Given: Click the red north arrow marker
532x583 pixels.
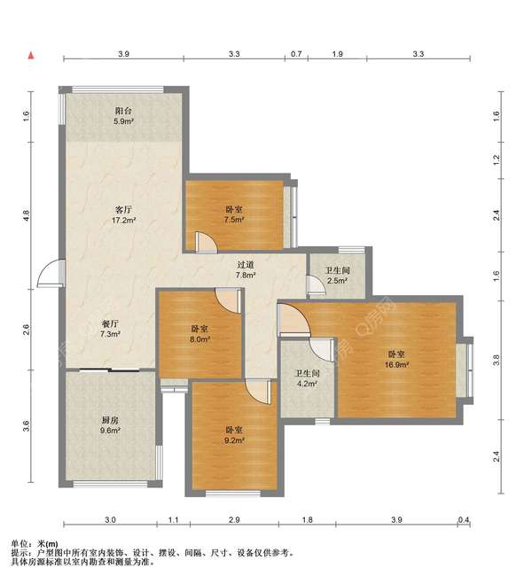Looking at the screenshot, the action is click(31, 56).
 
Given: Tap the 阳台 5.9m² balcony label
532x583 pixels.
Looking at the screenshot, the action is click(123, 116).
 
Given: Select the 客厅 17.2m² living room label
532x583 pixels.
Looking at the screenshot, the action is click(123, 215).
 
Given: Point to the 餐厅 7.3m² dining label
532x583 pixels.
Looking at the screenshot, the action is click(110, 329).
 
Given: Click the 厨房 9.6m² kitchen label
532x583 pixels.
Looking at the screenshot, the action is click(110, 425).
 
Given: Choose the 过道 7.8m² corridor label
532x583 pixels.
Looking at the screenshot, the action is click(246, 270).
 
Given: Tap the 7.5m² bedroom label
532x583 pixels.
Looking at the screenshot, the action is click(233, 214).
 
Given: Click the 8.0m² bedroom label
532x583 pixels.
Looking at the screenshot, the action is click(199, 334).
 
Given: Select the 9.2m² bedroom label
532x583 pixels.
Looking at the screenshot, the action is click(234, 435).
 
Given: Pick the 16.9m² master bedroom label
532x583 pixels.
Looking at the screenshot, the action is click(396, 360).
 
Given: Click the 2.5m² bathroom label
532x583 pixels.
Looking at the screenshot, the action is click(338, 276).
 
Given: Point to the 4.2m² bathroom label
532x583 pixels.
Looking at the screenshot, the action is click(307, 378).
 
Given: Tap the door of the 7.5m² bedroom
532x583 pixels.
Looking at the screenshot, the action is click(206, 242).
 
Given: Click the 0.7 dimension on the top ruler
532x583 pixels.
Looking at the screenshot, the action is click(296, 54).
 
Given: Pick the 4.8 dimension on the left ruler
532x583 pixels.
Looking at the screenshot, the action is click(26, 215).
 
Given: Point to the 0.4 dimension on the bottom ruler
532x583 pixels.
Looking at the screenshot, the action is click(464, 520).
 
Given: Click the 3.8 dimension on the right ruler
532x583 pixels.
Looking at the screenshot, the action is click(497, 361).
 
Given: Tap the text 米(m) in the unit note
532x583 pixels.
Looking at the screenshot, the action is click(48, 544).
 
